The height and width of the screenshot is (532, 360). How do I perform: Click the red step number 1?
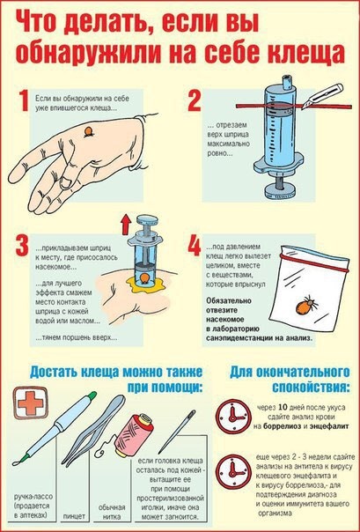tap(24, 100)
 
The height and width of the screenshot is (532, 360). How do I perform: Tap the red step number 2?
tap(195, 100)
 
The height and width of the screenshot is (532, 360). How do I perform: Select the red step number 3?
tap(22, 246)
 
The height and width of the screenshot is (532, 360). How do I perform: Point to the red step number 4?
tap(195, 246)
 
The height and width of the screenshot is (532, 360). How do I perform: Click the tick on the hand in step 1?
tap(89, 131)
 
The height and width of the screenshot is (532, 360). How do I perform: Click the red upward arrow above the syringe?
tap(126, 225)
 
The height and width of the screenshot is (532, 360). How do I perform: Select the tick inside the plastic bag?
tap(307, 305)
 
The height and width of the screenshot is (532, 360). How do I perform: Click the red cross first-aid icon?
tap(31, 403)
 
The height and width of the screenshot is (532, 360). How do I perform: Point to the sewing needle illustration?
tap(177, 432)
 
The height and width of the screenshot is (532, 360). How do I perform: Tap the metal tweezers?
tap(93, 430)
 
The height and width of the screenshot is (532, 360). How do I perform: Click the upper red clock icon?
tap(233, 417)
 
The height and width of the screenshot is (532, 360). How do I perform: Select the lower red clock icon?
tap(233, 471)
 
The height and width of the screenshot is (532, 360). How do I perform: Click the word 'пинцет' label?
tap(74, 516)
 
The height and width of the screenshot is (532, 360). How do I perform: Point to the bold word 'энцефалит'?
tap(330, 426)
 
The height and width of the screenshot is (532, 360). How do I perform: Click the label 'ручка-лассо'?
tap(33, 497)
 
